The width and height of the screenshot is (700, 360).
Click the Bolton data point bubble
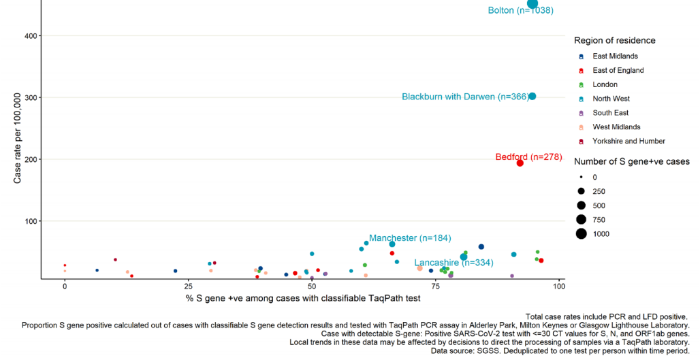click(x=532, y=3)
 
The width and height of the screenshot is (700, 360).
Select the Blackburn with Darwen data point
click(x=532, y=96)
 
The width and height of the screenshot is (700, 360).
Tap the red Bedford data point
click(x=520, y=163)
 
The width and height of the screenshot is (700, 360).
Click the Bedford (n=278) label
click(x=528, y=157)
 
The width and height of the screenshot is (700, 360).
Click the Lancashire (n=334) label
click(x=454, y=263)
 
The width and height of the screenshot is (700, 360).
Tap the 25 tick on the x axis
click(x=189, y=287)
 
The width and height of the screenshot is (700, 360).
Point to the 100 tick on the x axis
click(x=559, y=287)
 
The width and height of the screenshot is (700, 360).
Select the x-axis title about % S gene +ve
click(x=302, y=298)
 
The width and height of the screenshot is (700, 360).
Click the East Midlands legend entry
click(x=615, y=56)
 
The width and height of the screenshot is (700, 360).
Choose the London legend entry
click(x=605, y=84)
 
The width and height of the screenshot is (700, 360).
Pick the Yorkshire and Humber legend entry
click(x=629, y=141)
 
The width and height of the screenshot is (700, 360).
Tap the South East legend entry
click(x=610, y=113)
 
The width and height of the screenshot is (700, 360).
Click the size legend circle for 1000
click(x=582, y=233)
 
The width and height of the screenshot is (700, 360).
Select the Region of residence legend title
click(x=614, y=40)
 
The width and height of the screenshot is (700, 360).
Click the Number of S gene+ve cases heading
click(x=631, y=161)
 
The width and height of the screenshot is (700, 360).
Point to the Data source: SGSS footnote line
click(x=560, y=351)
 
